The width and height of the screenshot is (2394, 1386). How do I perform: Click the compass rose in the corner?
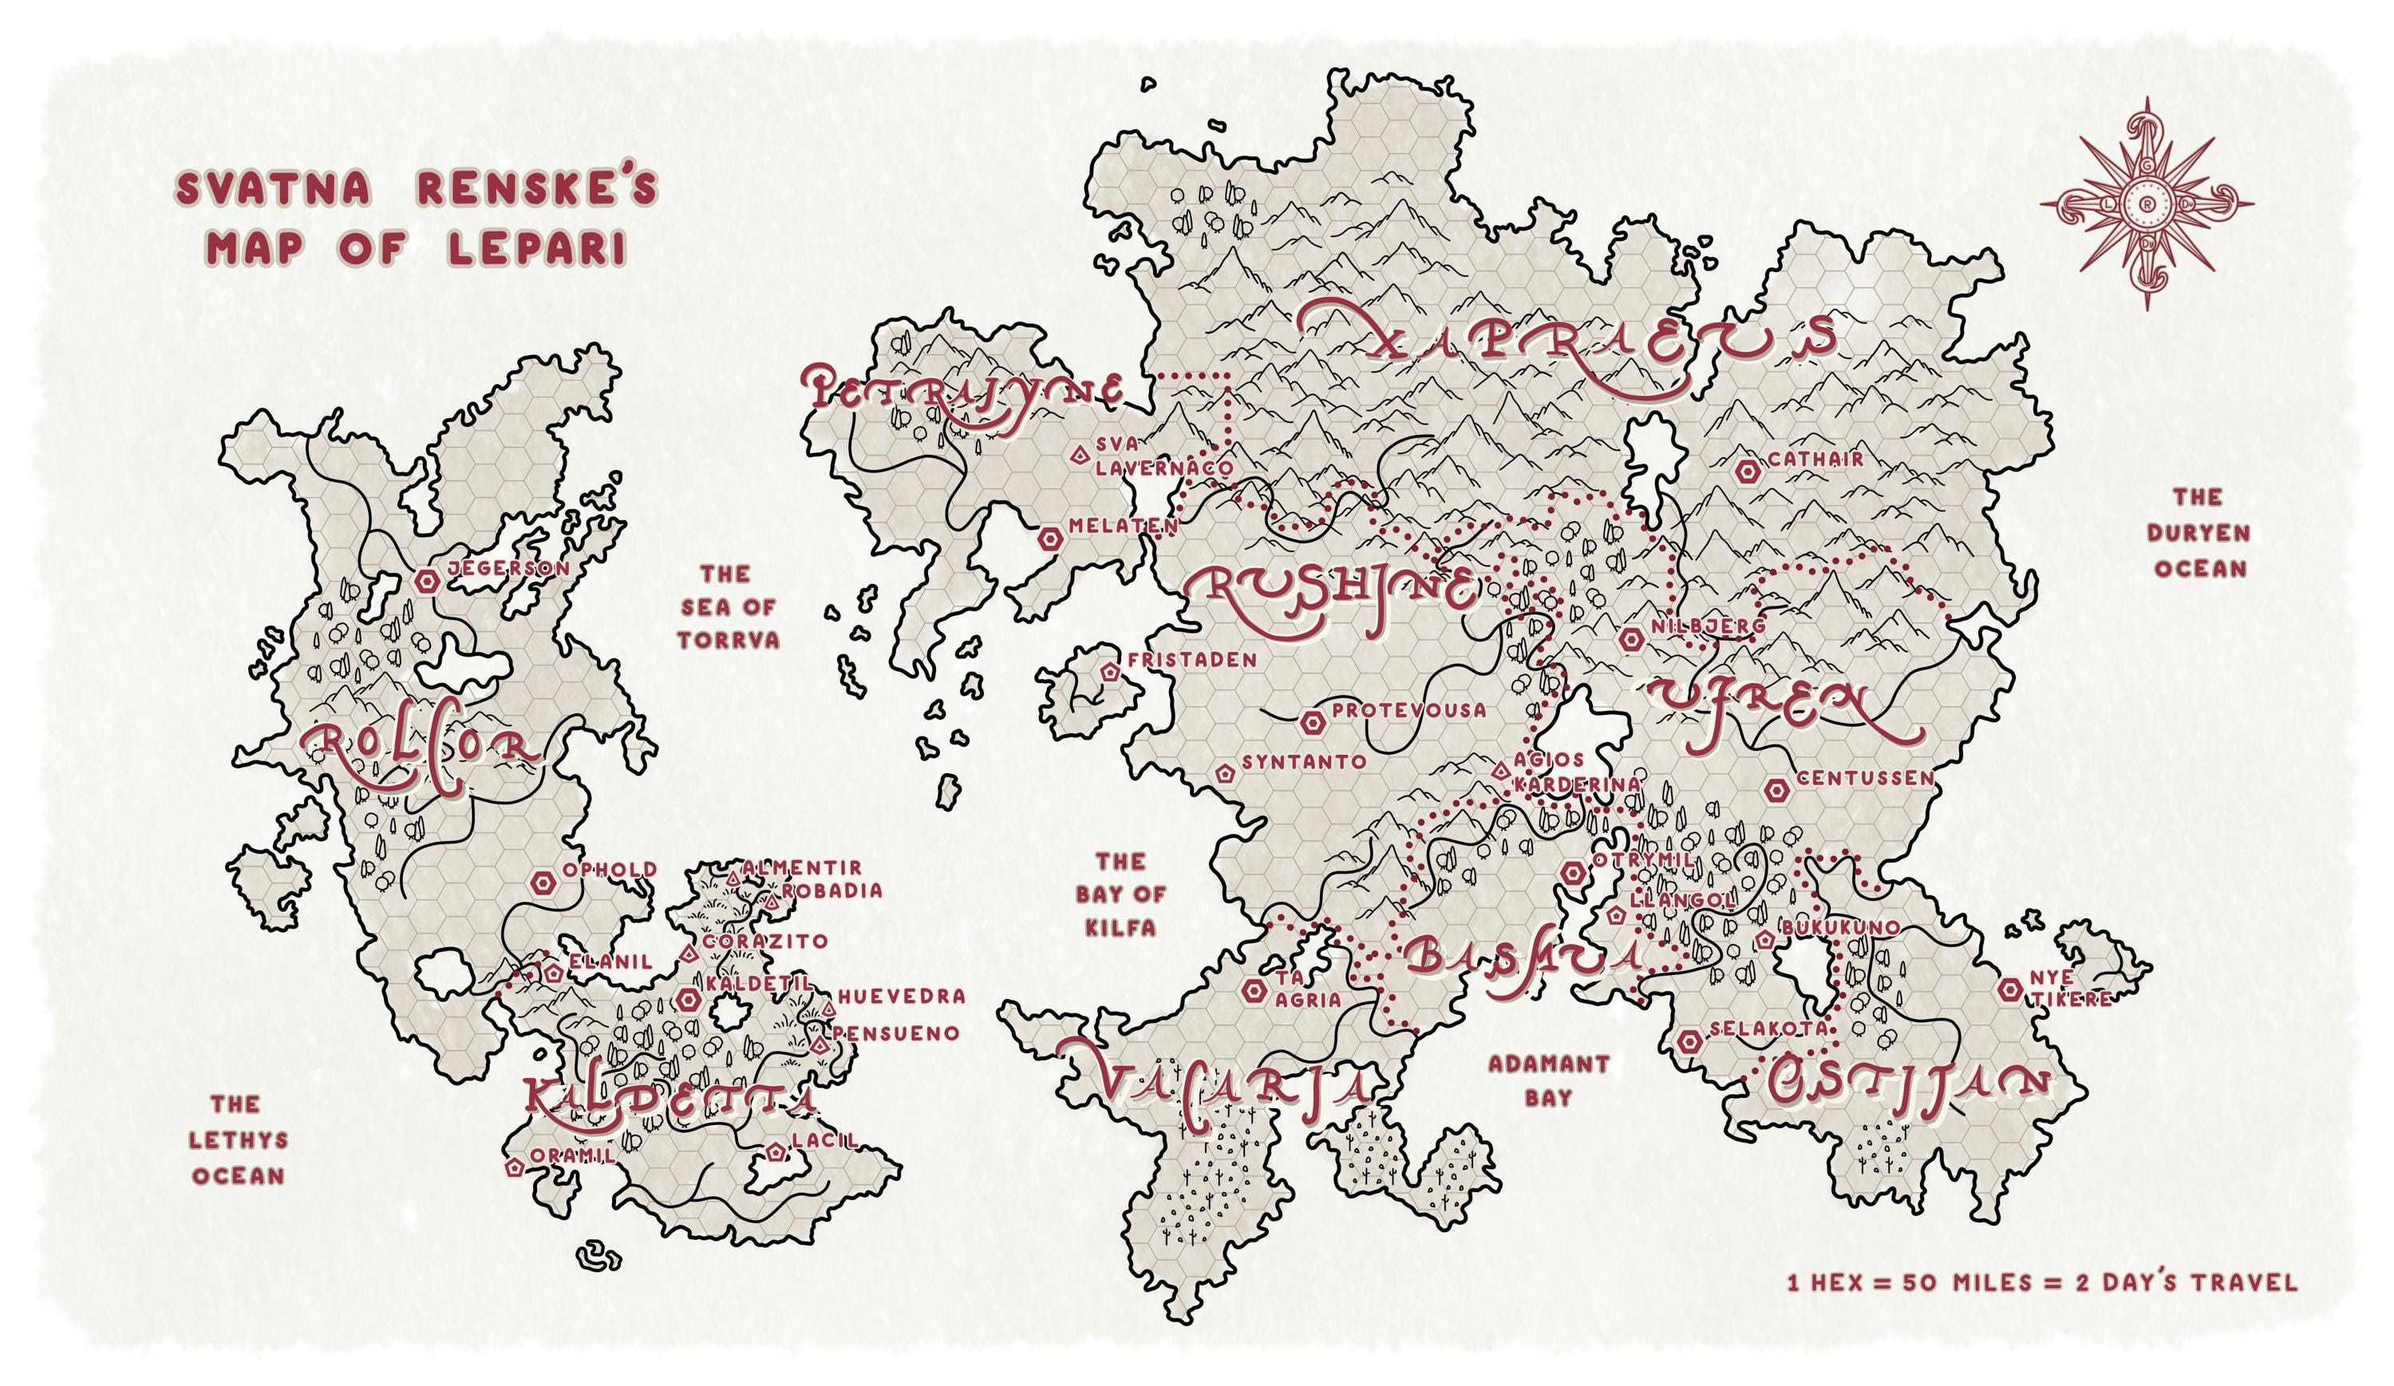click(x=2147, y=203)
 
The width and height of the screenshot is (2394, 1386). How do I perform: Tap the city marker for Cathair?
click(x=1746, y=470)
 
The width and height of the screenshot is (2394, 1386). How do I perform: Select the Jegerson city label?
click(x=508, y=568)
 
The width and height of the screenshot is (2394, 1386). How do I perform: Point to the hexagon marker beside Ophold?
click(x=543, y=883)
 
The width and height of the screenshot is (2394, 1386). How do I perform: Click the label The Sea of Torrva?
click(x=728, y=607)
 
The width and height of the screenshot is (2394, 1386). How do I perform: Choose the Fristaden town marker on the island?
click(x=1109, y=672)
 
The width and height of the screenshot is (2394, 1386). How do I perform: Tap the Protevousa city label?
click(x=1408, y=709)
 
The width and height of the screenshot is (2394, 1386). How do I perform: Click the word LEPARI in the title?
click(x=537, y=248)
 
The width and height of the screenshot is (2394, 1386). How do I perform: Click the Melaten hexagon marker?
click(x=1049, y=539)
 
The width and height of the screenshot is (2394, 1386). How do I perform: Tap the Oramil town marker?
click(x=515, y=1167)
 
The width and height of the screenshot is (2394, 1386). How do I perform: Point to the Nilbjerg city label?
click(x=1707, y=626)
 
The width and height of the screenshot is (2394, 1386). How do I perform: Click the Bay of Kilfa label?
click(x=1121, y=894)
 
